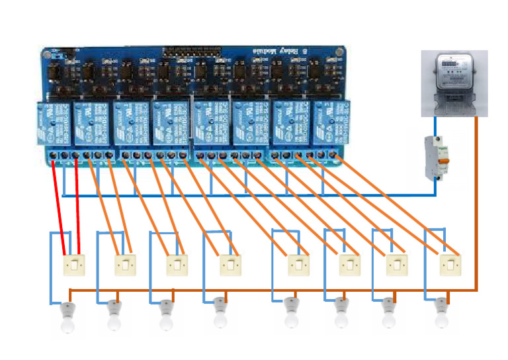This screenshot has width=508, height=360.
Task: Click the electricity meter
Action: click(x=454, y=83)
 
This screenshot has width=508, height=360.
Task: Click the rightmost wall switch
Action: click(x=450, y=265)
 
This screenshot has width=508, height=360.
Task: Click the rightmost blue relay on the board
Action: click(x=331, y=123)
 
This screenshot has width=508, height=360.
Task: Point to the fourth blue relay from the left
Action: click(x=171, y=123)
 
